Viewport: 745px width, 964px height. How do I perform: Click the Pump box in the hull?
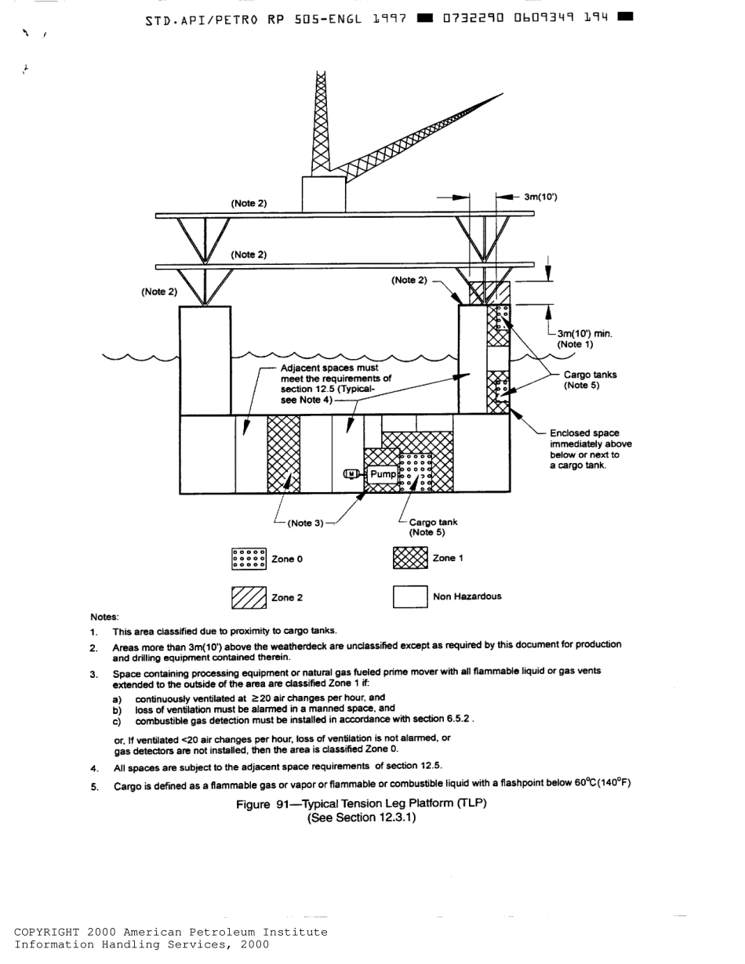coord(383,474)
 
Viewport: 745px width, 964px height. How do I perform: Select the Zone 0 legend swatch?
coord(249,559)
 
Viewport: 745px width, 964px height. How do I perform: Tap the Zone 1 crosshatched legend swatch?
coord(409,558)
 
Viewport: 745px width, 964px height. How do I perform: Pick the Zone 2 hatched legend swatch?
coord(249,597)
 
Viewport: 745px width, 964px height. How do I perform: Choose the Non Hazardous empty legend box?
coord(409,597)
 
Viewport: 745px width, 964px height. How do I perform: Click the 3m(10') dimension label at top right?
coord(540,197)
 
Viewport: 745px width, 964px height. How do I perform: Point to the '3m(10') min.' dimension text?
coord(585,334)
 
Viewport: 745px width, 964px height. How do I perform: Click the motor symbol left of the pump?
coord(352,474)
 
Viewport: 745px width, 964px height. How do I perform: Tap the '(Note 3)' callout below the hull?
coord(305,523)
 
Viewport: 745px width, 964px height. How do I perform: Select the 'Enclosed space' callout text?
coord(584,433)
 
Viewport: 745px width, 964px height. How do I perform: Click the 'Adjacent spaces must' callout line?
coord(329,368)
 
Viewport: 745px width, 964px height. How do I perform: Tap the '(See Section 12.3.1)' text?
coord(361,817)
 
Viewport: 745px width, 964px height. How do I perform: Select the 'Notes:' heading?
coord(104,617)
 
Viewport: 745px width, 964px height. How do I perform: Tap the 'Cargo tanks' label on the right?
coord(590,375)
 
